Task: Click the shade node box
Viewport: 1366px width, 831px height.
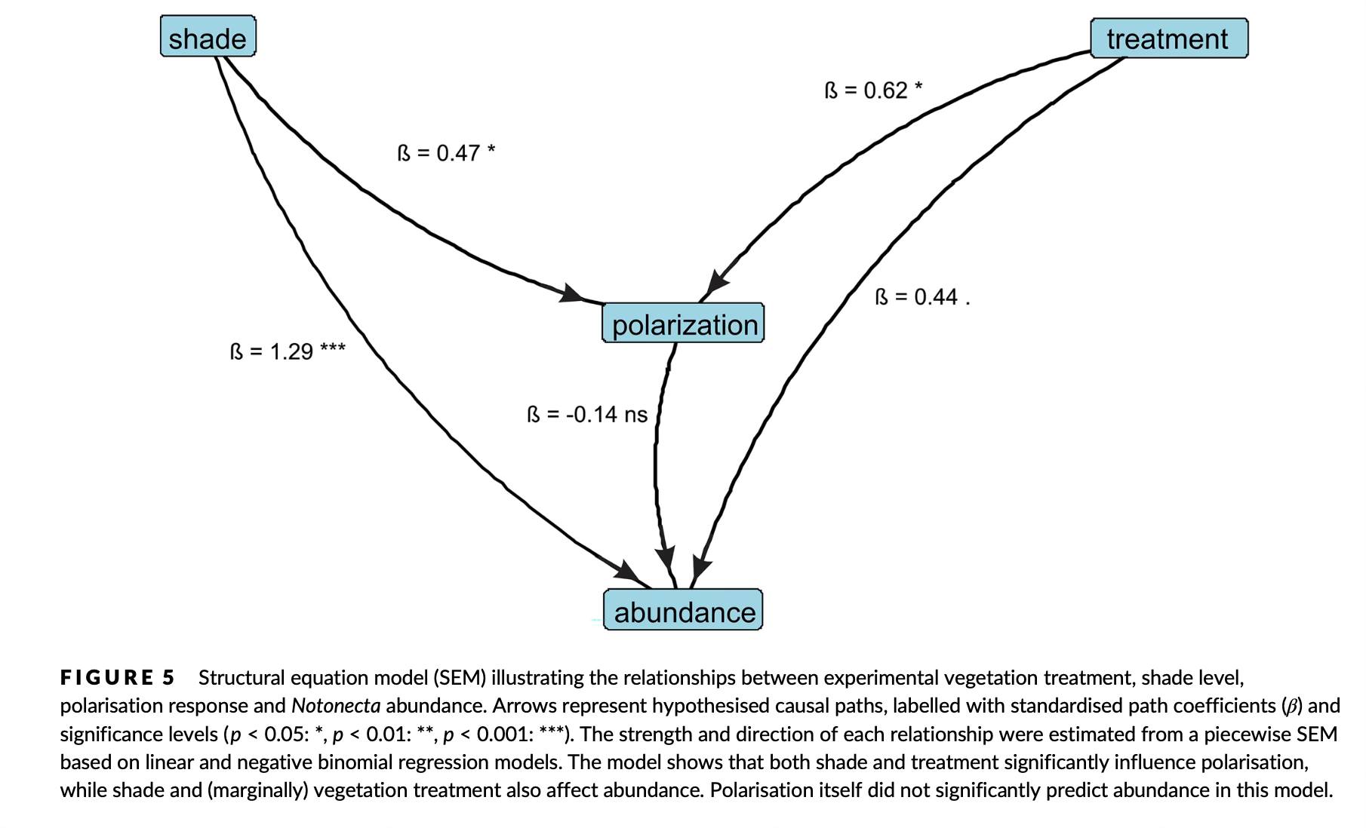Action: [208, 37]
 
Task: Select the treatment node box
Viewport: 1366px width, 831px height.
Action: [1168, 38]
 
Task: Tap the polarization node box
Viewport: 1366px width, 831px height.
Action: [684, 324]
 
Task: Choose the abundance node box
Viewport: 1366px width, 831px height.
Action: [684, 611]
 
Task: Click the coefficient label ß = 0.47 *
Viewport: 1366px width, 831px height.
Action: [446, 153]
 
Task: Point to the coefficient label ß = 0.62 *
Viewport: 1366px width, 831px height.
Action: [873, 90]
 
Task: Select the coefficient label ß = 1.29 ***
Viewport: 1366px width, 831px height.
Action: [288, 351]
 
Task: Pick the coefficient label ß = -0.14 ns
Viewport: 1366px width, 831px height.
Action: [587, 415]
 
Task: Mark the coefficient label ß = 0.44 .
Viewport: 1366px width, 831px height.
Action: [921, 297]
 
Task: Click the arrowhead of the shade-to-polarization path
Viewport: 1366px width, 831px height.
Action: [573, 293]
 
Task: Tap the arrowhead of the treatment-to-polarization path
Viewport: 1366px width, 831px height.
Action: [716, 283]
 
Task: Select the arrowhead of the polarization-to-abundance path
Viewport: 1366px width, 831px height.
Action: [666, 560]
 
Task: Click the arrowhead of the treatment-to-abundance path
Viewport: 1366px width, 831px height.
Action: [701, 568]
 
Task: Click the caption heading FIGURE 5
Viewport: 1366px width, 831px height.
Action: [118, 677]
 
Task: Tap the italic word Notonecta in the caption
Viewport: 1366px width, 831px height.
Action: [336, 706]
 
